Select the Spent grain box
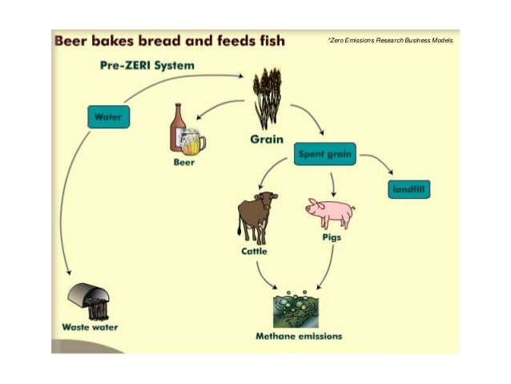tap(325, 153)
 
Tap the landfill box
tap(408, 189)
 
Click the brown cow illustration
tap(256, 216)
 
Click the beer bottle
tap(177, 128)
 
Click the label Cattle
tap(254, 251)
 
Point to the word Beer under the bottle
tap(184, 162)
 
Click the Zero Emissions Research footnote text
tap(390, 39)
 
